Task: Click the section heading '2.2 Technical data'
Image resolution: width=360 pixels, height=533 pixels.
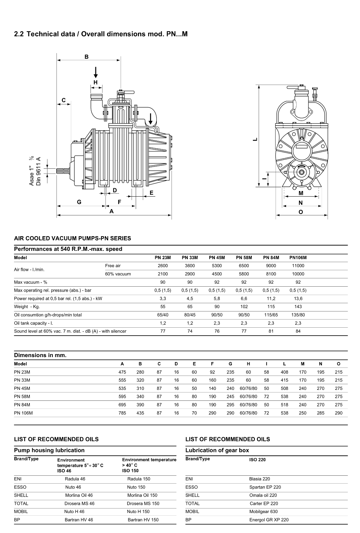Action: point(100,34)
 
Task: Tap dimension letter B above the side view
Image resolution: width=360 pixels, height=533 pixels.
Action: point(86,57)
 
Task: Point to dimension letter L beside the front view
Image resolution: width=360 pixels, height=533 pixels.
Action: point(255,139)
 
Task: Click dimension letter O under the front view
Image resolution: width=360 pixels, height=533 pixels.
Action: point(300,212)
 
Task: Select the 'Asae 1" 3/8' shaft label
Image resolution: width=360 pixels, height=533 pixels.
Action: point(31,171)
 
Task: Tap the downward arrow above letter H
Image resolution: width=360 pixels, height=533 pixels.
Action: point(96,72)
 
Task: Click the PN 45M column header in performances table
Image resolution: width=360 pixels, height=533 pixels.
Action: point(217,258)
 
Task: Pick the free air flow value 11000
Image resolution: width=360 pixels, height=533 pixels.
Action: point(298,266)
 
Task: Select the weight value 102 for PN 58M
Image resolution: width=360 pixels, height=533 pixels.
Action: point(244,307)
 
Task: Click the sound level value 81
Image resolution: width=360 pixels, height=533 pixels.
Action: point(271,331)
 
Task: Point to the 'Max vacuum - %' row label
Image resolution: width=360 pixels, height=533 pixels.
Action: point(31,282)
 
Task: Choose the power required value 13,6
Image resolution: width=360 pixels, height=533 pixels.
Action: point(298,298)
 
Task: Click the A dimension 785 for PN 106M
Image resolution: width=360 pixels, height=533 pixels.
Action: point(122,413)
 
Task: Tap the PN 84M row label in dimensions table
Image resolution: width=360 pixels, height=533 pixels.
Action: point(22,405)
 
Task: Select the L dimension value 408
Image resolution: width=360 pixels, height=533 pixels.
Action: point(284,372)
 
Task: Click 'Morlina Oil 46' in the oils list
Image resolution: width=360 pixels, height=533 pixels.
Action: point(79,495)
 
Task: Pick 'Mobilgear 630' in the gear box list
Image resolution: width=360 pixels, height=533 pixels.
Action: point(263,512)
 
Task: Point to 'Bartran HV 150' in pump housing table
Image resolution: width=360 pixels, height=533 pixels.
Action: point(143,520)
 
